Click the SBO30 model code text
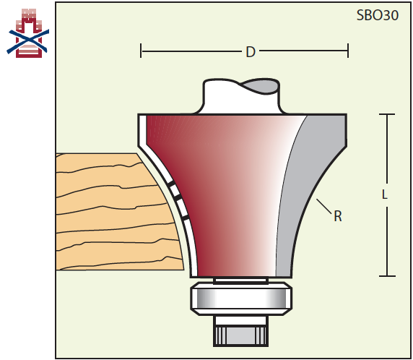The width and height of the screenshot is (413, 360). pos(377,15)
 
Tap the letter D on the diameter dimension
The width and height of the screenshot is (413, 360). pos(251,52)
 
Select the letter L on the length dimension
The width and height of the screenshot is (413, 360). pos(385,195)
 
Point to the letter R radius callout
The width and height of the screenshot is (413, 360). pos(338,216)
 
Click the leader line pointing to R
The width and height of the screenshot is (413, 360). pos(323,206)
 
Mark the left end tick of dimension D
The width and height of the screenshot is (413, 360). pos(141,51)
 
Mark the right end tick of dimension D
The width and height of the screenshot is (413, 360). pos(348,51)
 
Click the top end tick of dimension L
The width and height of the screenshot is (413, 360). pos(387,114)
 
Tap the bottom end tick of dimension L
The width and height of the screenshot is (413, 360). pos(387,276)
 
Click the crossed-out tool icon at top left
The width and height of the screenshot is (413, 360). pos(28,33)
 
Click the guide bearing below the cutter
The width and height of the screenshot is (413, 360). pos(241,299)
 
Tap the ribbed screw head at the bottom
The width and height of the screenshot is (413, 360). pos(240,335)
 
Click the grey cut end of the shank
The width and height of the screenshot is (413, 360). pos(261,86)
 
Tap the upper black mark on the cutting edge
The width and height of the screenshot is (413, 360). pos(171,184)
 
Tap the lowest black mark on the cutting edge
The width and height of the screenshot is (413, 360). pos(185,218)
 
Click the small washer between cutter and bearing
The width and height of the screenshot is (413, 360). pos(240,280)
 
